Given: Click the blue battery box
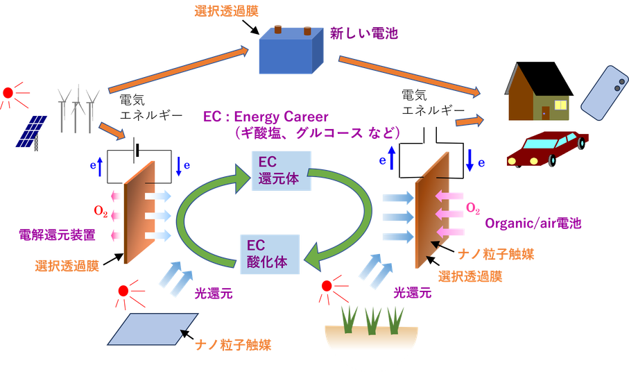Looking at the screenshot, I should pyautogui.click(x=286, y=52).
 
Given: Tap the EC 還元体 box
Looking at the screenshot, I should pyautogui.click(x=280, y=171).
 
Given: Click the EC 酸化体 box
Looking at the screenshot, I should pyautogui.click(x=270, y=253).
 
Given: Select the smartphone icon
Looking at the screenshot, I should pyautogui.click(x=603, y=92).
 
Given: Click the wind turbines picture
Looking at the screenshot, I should pyautogui.click(x=77, y=105).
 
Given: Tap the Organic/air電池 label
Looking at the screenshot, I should pyautogui.click(x=533, y=223).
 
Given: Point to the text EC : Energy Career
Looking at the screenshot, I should pyautogui.click(x=266, y=116).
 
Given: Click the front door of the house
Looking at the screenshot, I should pyautogui.click(x=546, y=112).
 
